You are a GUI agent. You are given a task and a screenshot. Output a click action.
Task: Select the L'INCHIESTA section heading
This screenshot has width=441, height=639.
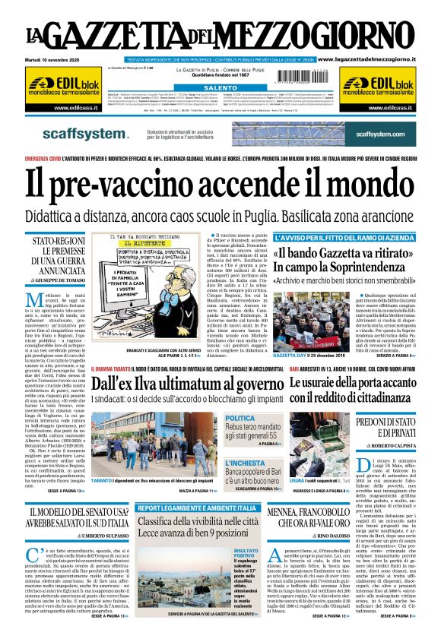coord(244,461)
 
